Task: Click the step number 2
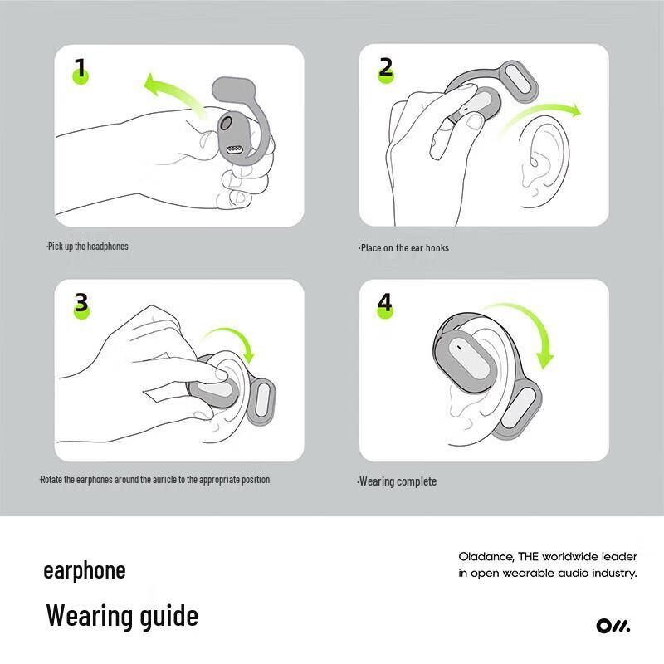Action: point(385,67)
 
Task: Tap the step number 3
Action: point(81,303)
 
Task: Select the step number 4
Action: point(385,303)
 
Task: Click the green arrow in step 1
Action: point(170,91)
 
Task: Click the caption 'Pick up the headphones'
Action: point(88,247)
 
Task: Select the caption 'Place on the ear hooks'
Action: point(404,247)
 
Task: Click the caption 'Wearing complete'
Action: point(397,481)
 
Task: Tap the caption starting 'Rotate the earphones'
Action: point(155,480)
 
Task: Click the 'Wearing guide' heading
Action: point(122,616)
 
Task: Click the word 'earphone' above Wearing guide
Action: point(85,571)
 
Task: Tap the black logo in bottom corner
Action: point(613,626)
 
